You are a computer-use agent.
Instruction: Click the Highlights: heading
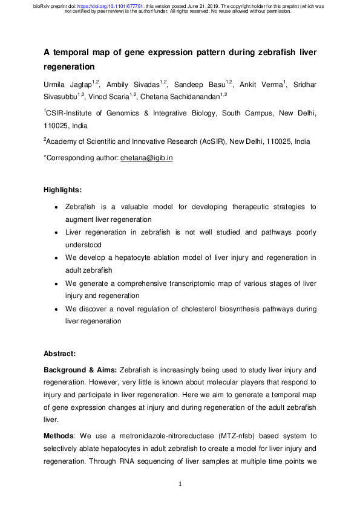[65, 190]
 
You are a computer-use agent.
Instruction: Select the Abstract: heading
[62, 353]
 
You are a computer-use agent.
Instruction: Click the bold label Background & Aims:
[80, 369]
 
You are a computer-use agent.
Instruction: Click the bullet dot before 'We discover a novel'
[56, 310]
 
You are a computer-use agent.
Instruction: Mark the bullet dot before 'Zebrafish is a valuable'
[56, 207]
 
